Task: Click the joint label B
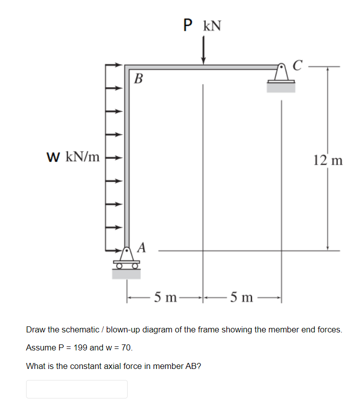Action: point(139,79)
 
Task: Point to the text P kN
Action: point(203,25)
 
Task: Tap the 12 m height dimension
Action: point(328,160)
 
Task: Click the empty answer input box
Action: point(77,389)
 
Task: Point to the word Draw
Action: point(36,330)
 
